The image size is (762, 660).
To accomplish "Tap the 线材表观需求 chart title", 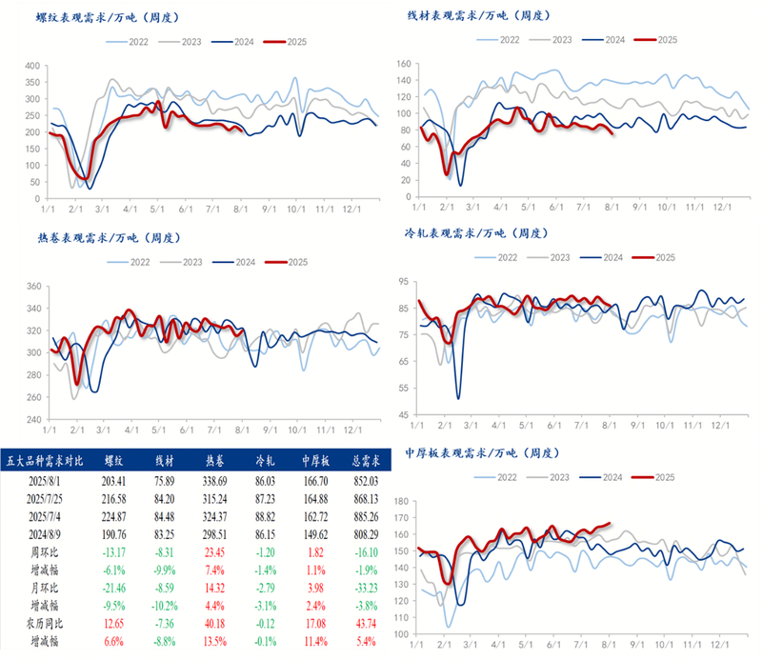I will coord(478,16).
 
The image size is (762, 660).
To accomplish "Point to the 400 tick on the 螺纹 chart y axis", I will coord(31,66).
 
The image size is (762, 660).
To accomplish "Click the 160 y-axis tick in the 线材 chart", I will coord(402,64).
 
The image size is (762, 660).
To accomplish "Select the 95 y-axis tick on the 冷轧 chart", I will coord(404,282).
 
